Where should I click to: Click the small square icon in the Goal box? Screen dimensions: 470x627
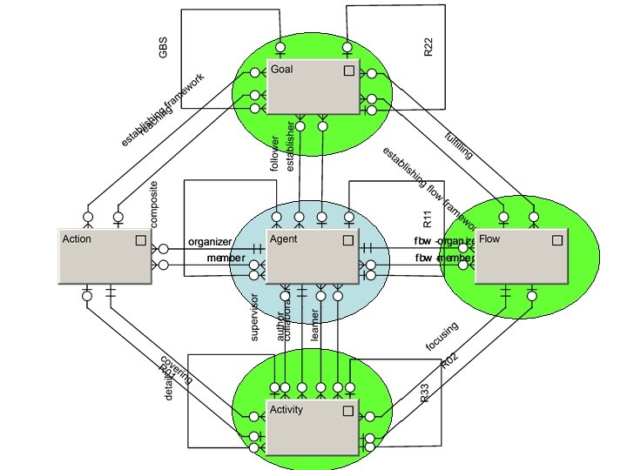coord(348,70)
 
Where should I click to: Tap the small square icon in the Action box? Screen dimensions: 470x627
coord(140,240)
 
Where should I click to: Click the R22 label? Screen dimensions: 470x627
coord(428,47)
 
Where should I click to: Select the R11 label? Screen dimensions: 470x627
coord(427,218)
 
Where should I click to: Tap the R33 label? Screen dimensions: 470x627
coord(425,393)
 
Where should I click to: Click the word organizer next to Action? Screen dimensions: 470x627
coord(210,241)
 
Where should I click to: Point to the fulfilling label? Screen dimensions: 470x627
coord(459,144)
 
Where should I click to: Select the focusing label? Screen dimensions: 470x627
coord(442,337)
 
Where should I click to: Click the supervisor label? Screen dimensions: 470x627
coord(255,317)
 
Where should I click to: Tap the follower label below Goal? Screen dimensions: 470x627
coord(275,153)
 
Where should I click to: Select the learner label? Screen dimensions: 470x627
coord(315,324)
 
